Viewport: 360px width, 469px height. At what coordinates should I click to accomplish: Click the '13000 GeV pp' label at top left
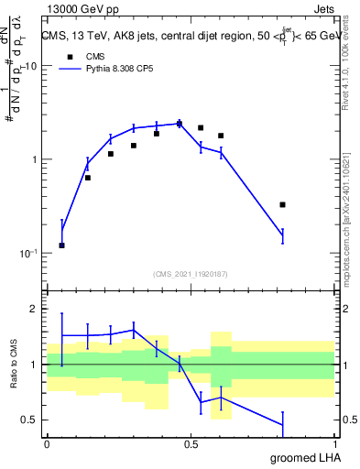point(79,7)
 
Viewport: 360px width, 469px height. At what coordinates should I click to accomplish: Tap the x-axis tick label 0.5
point(191,444)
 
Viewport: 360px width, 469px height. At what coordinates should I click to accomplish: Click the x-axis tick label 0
point(47,444)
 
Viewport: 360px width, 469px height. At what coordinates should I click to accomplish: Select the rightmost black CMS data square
point(282,205)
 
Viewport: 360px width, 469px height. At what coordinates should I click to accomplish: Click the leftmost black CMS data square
point(61,245)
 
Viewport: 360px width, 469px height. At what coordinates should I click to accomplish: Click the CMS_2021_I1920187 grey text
point(191,274)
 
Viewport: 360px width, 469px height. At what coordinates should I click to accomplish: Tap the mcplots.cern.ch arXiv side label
point(344,202)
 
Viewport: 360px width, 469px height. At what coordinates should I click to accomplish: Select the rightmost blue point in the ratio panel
point(282,425)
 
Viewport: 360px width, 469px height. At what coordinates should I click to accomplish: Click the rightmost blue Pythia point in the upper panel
point(282,236)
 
